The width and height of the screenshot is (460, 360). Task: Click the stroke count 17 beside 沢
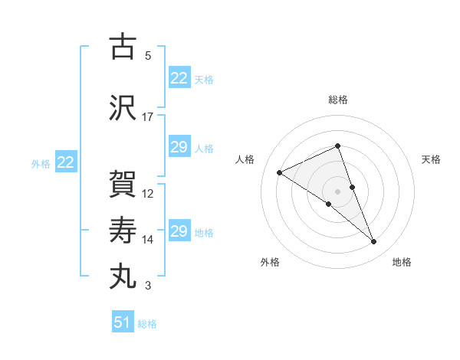point(148,117)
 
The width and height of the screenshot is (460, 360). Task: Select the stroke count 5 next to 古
point(148,56)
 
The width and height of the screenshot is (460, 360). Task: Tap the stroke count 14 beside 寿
point(148,240)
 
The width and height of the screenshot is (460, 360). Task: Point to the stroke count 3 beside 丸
point(148,286)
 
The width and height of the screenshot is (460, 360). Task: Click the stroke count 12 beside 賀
point(148,193)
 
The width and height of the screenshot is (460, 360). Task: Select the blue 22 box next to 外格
point(66,162)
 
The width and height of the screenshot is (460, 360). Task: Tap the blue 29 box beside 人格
point(179,147)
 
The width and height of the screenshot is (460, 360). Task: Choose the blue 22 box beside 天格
point(179,78)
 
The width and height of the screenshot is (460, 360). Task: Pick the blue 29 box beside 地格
point(179,231)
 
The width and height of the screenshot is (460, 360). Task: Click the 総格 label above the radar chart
point(337,100)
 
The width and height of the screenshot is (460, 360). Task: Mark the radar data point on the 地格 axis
point(374,242)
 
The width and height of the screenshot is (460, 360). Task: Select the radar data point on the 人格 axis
point(279,172)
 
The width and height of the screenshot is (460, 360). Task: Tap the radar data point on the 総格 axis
point(337,146)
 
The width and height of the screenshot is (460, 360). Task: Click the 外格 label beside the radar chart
point(270,262)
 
